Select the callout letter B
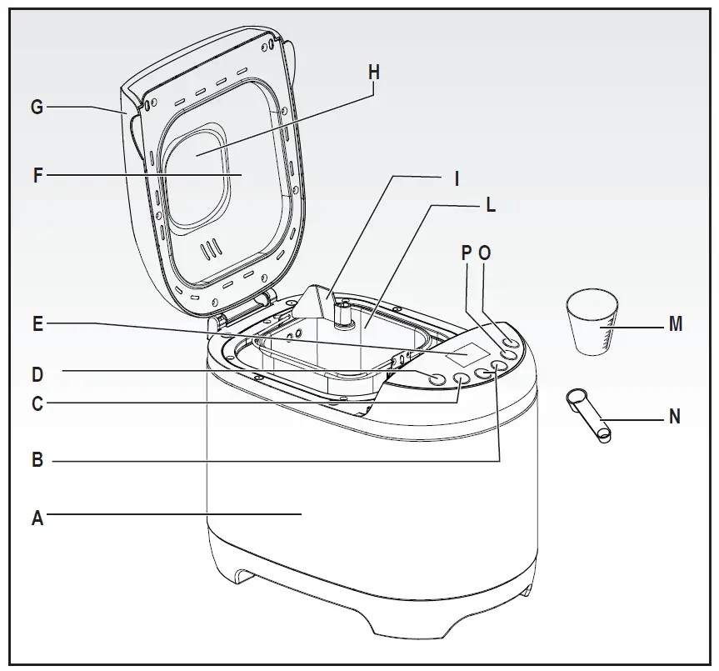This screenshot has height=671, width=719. pos(37,459)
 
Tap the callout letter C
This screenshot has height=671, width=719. pos(37,404)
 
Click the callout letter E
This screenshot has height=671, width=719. pos(37,323)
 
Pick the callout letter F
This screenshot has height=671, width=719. pos(37,176)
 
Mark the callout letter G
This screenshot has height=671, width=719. pos(37,107)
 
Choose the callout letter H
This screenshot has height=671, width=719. pos(373,73)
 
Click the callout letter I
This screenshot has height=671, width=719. pos(456,178)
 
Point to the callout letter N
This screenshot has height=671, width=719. pos(675,416)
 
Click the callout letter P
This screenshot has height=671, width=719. pos(466,253)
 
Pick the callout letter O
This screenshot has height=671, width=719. pos(485,253)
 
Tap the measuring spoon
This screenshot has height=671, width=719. pos(588,414)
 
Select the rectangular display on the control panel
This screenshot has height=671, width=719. pos(467,355)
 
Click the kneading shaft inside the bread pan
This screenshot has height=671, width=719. pos(340,315)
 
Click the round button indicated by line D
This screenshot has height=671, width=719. pos(437,378)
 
